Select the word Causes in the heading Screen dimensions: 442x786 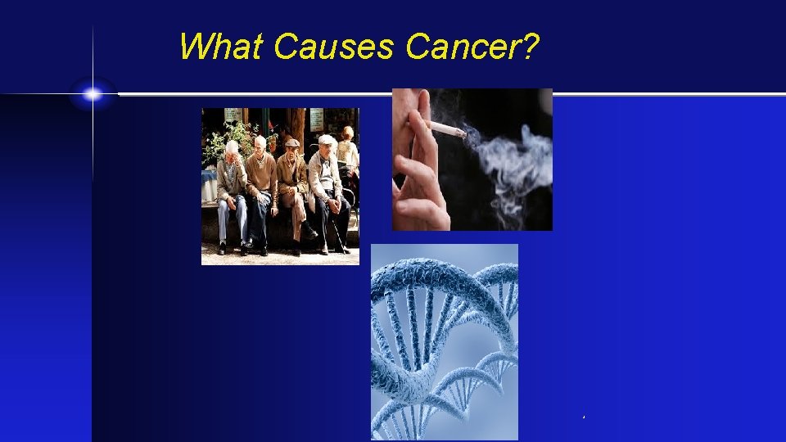pos(336,47)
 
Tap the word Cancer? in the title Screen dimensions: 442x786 pos(472,47)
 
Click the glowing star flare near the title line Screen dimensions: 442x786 pos(93,94)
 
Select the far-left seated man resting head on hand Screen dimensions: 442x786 pos(232,192)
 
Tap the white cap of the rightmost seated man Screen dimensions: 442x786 pos(327,140)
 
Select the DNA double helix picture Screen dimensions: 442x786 pos(444,341)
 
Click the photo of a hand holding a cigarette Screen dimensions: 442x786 pos(472,160)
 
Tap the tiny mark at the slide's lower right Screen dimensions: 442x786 pos(583,418)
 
